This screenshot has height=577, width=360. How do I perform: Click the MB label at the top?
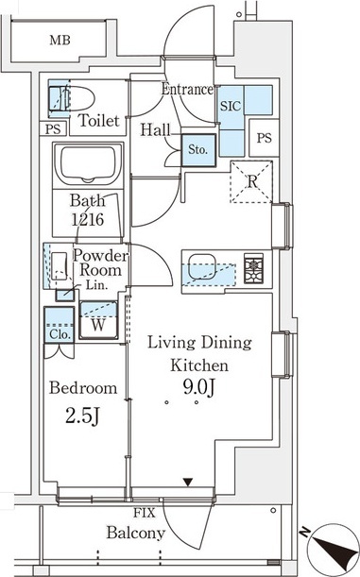coord(60,40)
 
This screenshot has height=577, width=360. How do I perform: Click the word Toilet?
coord(99,120)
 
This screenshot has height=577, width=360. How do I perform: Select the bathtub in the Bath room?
coord(88,164)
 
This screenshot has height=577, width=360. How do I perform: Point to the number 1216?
coord(88,220)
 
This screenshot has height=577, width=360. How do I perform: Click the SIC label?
coord(231,107)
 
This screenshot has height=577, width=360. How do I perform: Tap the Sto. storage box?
coord(198,150)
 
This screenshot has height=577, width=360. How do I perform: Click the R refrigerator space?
coord(251,181)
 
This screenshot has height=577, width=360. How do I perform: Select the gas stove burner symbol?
coord(253,268)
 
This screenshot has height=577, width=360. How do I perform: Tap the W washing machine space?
coord(98,320)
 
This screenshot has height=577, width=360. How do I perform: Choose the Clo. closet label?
coord(60,334)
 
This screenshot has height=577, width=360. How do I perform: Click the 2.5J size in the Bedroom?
coord(83,416)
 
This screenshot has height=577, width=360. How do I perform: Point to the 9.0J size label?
coord(198,387)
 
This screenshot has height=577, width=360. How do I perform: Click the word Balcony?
coord(136,533)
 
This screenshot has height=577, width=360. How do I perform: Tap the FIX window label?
coord(145,513)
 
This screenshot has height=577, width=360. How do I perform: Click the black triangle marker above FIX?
coord(188,482)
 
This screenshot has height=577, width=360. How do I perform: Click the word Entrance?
coord(187,89)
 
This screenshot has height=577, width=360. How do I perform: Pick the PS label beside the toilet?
coord(53,129)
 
